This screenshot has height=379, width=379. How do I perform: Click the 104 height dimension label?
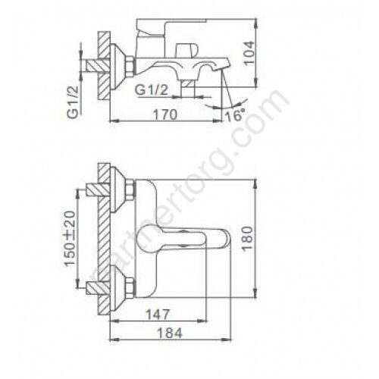(249, 53)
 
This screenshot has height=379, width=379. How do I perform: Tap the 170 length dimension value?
(165, 114)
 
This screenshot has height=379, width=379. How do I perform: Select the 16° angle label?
(235, 116)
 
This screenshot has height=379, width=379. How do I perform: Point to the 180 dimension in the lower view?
(247, 238)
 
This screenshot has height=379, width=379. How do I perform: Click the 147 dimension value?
(158, 315)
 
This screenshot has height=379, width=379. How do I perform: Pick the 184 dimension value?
(169, 333)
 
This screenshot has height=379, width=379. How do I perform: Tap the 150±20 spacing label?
(70, 238)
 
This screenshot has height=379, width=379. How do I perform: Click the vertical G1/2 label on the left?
(73, 102)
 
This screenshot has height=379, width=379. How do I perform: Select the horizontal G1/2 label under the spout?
(152, 89)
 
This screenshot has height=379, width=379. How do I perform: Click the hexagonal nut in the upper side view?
(130, 66)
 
